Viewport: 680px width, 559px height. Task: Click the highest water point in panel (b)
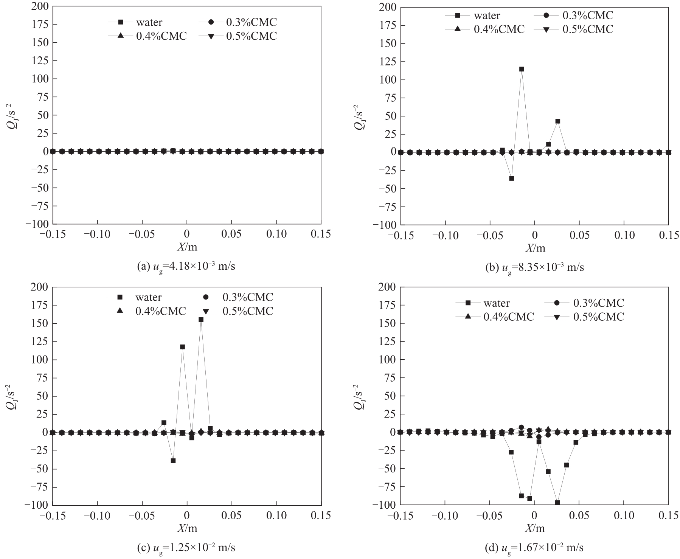pyautogui.click(x=522, y=69)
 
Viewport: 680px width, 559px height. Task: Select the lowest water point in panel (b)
pyautogui.click(x=511, y=178)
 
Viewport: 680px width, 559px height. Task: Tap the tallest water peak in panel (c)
pyautogui.click(x=201, y=320)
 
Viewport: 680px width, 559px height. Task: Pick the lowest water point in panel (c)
pyautogui.click(x=173, y=461)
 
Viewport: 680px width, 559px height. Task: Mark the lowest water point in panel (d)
pyautogui.click(x=557, y=503)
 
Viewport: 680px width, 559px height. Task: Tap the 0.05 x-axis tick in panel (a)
pyautogui.click(x=231, y=234)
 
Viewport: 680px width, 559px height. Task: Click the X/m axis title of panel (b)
pyautogui.click(x=535, y=248)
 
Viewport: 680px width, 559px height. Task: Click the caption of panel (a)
pyautogui.click(x=186, y=266)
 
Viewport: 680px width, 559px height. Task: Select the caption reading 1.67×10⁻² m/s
pyautogui.click(x=534, y=547)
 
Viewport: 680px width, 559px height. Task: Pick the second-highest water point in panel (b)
pyautogui.click(x=557, y=121)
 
